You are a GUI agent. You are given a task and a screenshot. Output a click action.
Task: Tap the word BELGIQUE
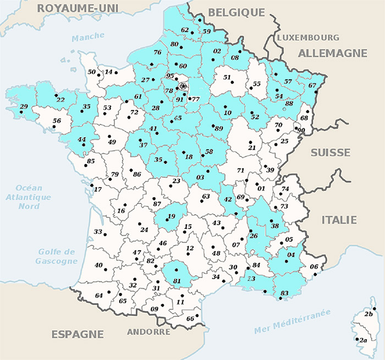pyautogui.click(x=237, y=13)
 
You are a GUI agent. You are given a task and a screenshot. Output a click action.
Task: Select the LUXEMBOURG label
pyautogui.click(x=308, y=37)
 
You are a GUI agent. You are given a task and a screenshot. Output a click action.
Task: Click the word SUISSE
pyautogui.click(x=331, y=152)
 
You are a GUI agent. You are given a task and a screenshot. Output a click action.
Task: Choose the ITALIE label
pyautogui.click(x=339, y=220)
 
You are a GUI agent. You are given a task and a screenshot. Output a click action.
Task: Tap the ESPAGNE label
pyautogui.click(x=78, y=334)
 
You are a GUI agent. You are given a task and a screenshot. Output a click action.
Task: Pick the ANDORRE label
pyautogui.click(x=148, y=332)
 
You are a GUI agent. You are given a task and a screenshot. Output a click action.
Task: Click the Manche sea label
pyautogui.click(x=88, y=36)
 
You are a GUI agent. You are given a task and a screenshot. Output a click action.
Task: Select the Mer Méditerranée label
pyautogui.click(x=292, y=321)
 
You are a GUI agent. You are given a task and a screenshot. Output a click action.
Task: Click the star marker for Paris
pyautogui.click(x=183, y=86)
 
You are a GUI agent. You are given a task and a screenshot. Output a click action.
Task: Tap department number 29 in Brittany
pyautogui.click(x=23, y=107)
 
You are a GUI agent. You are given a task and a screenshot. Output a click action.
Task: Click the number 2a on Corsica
pyautogui.click(x=363, y=340)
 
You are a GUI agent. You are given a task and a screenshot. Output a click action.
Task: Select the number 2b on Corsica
pyautogui.click(x=369, y=314)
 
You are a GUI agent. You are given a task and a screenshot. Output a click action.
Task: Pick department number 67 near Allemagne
pyautogui.click(x=312, y=86)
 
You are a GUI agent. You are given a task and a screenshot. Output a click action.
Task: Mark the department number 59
pyautogui.click(x=206, y=32)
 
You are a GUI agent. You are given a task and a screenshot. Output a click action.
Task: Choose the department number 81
pyautogui.click(x=177, y=281)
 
